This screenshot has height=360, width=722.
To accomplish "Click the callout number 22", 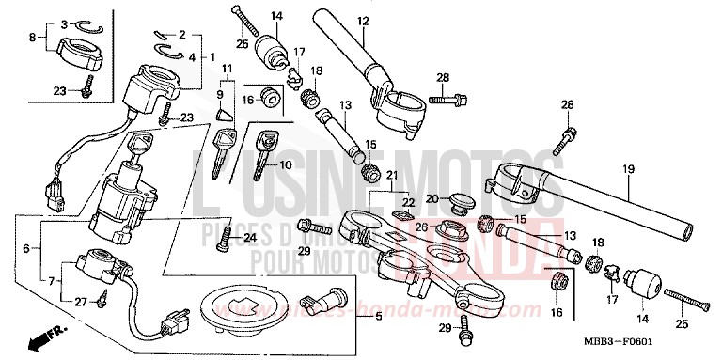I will (408, 203).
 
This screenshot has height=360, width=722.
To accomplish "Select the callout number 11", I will (227, 69).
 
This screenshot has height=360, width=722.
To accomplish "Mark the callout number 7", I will (50, 281).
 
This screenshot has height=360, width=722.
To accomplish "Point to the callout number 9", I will (219, 95).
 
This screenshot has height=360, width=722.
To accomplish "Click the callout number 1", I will (211, 56).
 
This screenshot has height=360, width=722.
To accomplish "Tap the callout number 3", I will (64, 23).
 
